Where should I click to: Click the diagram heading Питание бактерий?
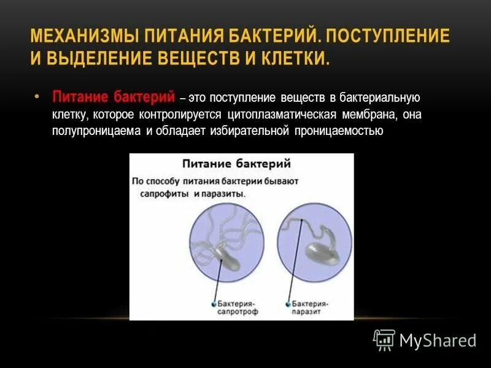click(236, 164)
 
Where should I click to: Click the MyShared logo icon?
click(384, 340)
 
